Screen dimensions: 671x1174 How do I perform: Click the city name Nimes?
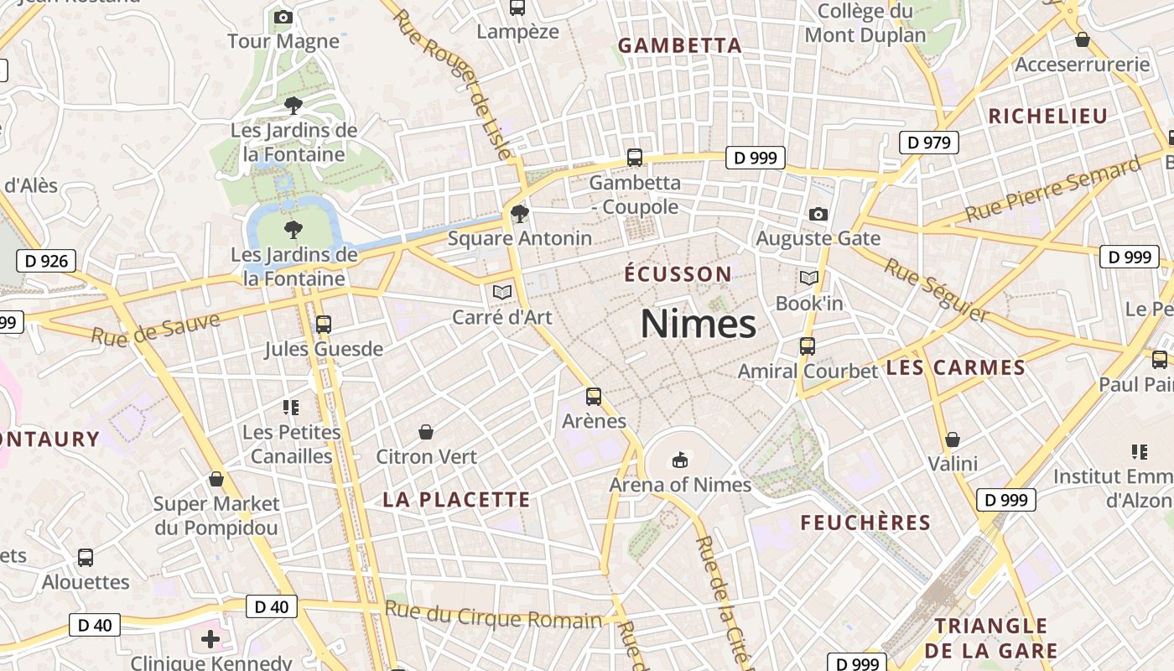[x=698, y=324]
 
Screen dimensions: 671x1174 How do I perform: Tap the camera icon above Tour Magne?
[x=283, y=17]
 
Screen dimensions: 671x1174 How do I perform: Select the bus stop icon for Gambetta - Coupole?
[x=635, y=157]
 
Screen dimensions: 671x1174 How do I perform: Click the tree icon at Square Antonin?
[x=520, y=213]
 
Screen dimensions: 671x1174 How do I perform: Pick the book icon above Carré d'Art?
[x=502, y=292]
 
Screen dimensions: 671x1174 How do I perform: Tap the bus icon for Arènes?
[x=594, y=396]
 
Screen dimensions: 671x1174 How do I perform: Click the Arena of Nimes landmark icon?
[x=680, y=460]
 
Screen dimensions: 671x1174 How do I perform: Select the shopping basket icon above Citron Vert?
[x=426, y=432]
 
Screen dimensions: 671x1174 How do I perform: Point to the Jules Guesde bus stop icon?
[x=324, y=324]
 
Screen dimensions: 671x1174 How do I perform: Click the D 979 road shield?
[x=928, y=143]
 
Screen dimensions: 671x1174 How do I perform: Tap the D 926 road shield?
[x=46, y=261]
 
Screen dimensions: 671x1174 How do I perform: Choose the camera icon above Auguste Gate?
[x=818, y=214]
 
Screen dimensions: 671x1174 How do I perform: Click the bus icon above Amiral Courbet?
[x=808, y=346]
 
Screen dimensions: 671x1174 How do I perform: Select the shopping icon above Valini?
[x=953, y=439]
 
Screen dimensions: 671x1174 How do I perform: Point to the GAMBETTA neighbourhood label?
[x=680, y=46]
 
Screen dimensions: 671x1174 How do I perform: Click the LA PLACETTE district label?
[x=457, y=500]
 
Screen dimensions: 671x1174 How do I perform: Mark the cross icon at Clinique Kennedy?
[x=210, y=640]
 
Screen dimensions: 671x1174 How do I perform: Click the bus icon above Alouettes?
[x=86, y=558]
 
